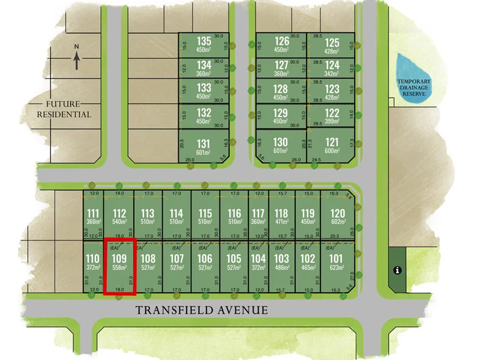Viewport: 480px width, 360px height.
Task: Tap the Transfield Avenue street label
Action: click(x=201, y=310)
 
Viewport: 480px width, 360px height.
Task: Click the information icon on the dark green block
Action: click(x=397, y=270)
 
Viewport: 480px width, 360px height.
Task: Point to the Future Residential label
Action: click(x=64, y=109)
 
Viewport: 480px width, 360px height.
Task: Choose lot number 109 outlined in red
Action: click(x=119, y=259)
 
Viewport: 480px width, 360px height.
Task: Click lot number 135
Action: click(x=205, y=41)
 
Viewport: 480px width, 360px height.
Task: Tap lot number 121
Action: click(x=332, y=142)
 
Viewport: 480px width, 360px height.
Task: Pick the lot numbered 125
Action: click(x=332, y=42)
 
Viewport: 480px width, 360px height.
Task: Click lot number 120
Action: click(x=338, y=214)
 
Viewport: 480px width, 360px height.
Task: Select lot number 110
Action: click(x=92, y=259)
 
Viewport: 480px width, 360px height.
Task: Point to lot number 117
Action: click(x=258, y=214)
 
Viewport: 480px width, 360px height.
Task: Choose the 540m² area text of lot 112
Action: click(x=119, y=222)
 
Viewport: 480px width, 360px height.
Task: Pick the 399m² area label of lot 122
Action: click(x=332, y=121)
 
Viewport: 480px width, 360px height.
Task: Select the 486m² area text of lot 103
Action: click(x=281, y=268)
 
